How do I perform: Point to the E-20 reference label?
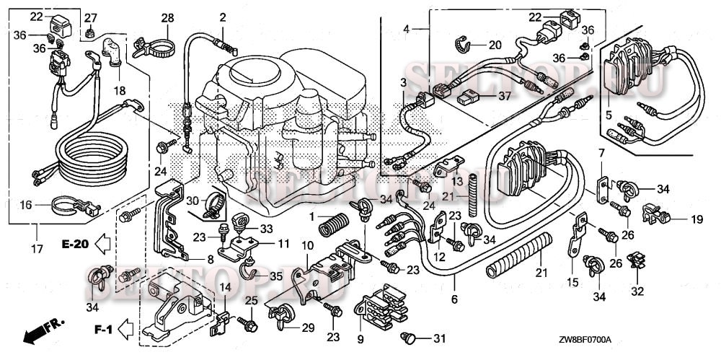point(74,244)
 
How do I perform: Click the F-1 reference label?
point(103,330)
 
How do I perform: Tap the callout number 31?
point(441,338)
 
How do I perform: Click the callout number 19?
point(696,218)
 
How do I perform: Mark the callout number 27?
point(91,17)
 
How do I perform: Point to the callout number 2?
point(223,17)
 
